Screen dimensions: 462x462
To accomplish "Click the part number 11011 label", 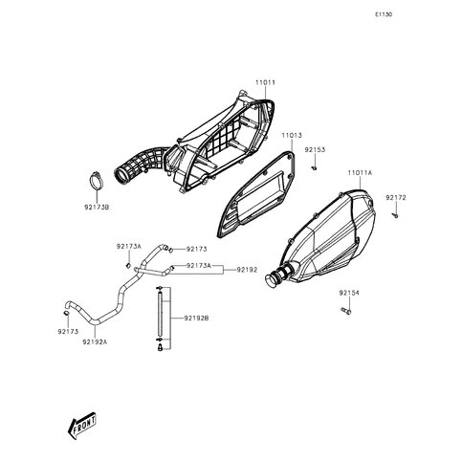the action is [265, 82].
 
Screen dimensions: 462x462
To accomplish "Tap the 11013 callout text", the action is [292, 136].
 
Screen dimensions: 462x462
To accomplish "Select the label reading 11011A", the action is [360, 173].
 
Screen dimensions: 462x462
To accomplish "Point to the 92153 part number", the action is [315, 150].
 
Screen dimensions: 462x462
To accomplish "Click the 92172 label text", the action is [396, 198].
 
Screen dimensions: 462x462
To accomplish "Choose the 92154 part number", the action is [349, 293].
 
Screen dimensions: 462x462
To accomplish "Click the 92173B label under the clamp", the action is [97, 208].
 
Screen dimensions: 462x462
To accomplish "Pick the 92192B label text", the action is [196, 319].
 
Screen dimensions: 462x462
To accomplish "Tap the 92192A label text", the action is [95, 342].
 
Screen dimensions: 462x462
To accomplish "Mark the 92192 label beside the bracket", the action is [247, 270].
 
